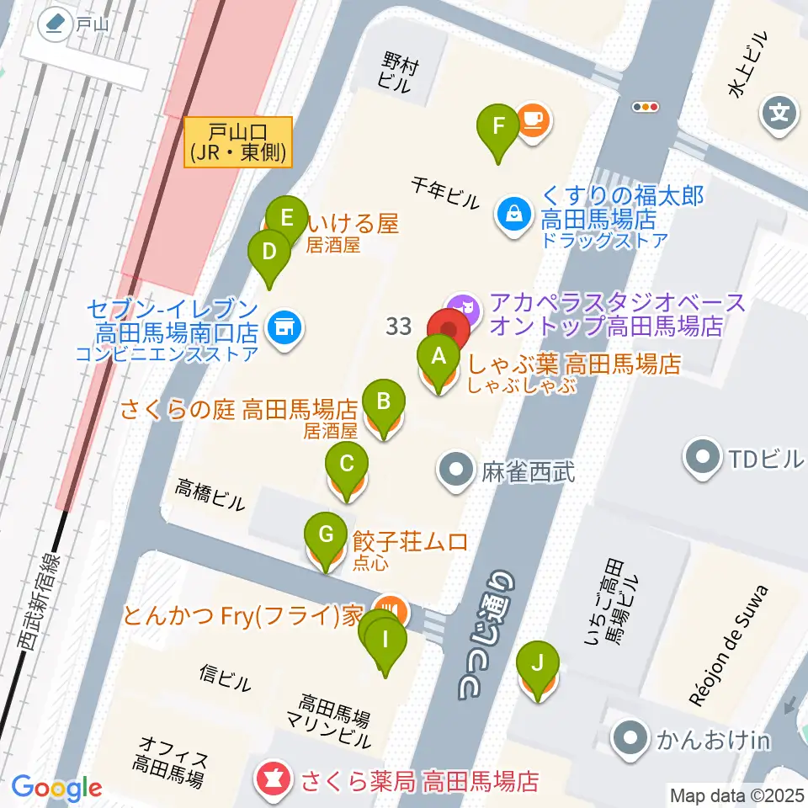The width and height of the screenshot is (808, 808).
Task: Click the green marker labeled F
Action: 498,128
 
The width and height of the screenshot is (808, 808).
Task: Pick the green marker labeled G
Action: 326,535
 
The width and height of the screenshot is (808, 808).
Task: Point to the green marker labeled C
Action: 346,464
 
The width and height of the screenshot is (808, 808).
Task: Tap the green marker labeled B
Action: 384,401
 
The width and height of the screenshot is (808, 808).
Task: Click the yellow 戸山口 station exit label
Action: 238,141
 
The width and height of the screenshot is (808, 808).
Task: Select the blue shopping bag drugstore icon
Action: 512,212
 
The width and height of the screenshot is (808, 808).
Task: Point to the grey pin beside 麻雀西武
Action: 457,468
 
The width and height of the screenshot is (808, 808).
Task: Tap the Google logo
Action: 57,788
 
